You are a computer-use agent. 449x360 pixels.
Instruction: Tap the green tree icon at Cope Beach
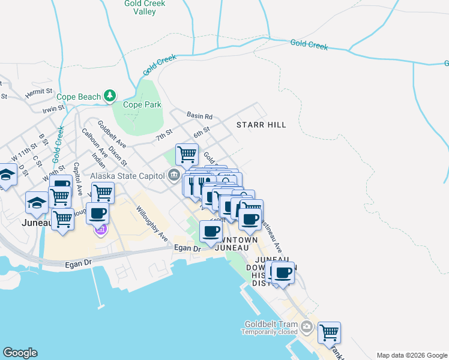[109, 96]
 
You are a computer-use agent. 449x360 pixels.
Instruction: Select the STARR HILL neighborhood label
[261, 125]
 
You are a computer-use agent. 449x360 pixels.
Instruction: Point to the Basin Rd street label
[199, 116]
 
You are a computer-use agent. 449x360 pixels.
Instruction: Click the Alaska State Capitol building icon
[174, 176]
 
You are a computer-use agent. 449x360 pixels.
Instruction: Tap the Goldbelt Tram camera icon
[307, 328]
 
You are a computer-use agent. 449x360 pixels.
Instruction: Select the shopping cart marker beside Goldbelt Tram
[329, 332]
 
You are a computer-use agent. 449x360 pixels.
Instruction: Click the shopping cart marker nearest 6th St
[187, 154]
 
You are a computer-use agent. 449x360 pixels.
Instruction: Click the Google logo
[20, 353]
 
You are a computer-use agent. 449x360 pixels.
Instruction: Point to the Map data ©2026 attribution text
[411, 355]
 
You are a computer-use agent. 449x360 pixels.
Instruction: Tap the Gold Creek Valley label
[140, 7]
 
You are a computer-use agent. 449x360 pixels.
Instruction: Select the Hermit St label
[39, 94]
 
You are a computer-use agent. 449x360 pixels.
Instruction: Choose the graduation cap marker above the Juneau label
[37, 203]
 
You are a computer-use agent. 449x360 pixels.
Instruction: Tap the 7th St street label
[164, 136]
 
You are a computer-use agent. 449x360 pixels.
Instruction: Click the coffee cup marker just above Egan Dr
[211, 231]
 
